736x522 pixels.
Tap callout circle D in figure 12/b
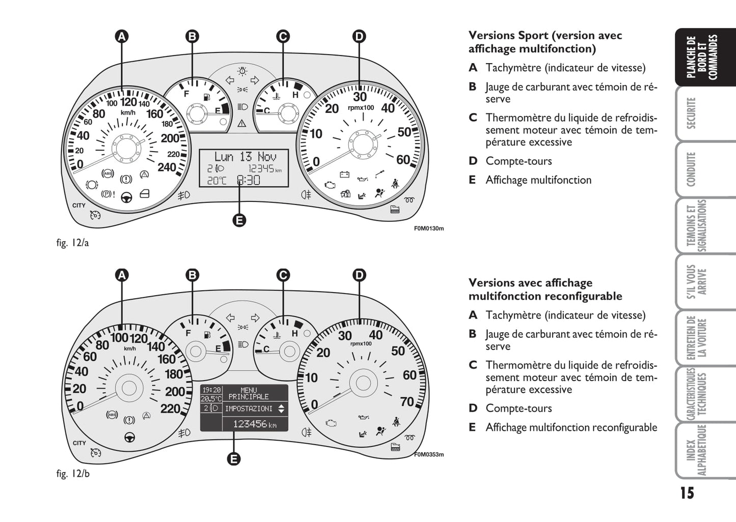point(359,275)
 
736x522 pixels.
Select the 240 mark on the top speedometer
point(167,167)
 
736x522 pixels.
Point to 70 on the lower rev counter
point(407,402)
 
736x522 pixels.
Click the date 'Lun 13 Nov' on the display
point(245,157)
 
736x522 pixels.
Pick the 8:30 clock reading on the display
point(249,180)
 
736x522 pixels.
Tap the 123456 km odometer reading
point(255,424)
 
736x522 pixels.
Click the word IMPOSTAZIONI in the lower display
point(249,409)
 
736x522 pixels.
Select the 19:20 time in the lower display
point(211,390)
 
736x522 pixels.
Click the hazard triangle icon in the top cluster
point(242,123)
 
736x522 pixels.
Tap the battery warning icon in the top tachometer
point(344,174)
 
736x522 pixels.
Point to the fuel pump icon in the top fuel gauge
point(207,98)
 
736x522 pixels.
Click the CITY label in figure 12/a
point(79,206)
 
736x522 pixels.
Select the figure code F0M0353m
point(429,454)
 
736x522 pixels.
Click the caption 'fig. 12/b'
point(73,473)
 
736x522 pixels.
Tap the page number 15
point(687,493)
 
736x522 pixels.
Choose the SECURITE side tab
point(691,113)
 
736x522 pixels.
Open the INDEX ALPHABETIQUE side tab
point(696,450)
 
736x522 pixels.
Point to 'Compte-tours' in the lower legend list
point(519,408)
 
